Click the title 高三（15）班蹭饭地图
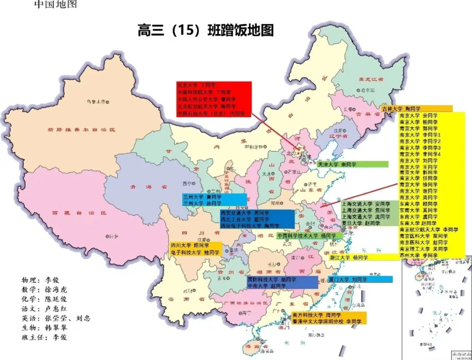point(205,31)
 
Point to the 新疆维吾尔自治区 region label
point(81,130)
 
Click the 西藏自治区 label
point(79,213)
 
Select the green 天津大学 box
point(352,164)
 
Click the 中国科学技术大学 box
point(309,235)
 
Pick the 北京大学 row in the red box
point(196,85)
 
